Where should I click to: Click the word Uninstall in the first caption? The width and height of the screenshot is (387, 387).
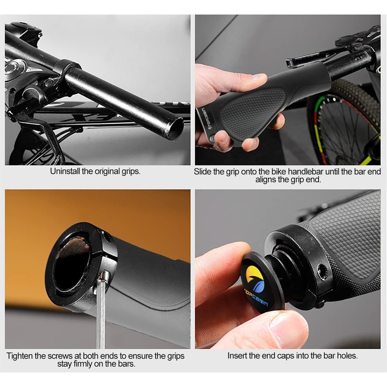point(65,171)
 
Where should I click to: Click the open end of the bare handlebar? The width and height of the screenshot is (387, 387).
point(173,129)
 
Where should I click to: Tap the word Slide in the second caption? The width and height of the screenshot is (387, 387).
point(203,171)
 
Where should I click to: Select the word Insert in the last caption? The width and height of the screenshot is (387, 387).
point(238,356)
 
